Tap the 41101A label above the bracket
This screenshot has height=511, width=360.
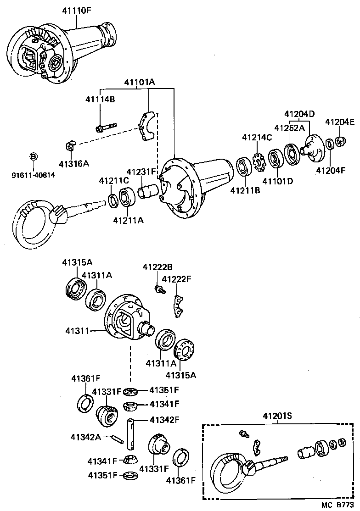pyautogui.click(x=139, y=83)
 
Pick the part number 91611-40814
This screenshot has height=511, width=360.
pyautogui.click(x=33, y=174)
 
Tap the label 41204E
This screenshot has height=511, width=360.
pyautogui.click(x=340, y=122)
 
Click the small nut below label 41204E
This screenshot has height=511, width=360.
pyautogui.click(x=340, y=140)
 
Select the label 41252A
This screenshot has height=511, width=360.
pyautogui.click(x=289, y=128)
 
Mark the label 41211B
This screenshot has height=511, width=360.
pyautogui.click(x=245, y=189)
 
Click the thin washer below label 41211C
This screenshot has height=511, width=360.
pyautogui.click(x=112, y=200)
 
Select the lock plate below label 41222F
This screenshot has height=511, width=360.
pyautogui.click(x=179, y=305)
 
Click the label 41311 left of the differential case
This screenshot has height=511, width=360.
pyautogui.click(x=77, y=330)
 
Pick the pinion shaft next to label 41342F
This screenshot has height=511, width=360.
pyautogui.click(x=131, y=433)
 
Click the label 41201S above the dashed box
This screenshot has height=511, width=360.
pyautogui.click(x=278, y=416)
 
